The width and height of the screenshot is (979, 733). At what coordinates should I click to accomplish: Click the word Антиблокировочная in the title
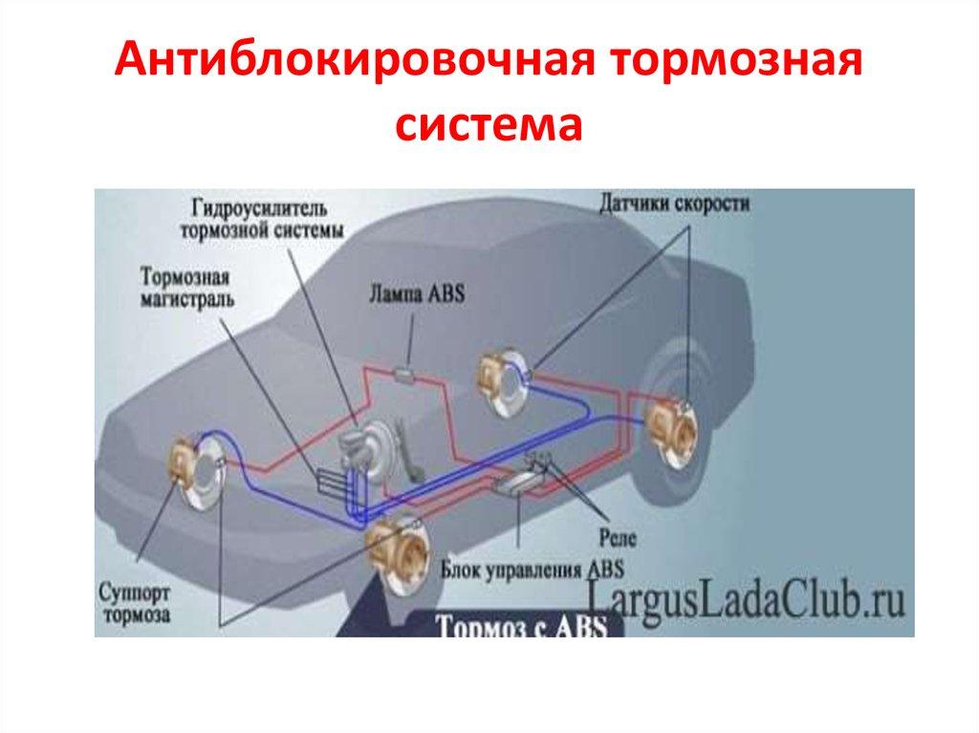coord(354,60)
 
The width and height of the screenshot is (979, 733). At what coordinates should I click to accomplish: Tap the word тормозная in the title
coord(736,61)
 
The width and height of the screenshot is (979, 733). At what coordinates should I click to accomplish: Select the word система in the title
coord(489,124)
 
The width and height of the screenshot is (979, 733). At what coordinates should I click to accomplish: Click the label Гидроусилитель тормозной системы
coord(262,219)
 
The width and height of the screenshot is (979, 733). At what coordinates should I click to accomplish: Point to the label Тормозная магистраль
coord(186,288)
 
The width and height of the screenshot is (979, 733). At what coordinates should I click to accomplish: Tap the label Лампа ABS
coord(417,293)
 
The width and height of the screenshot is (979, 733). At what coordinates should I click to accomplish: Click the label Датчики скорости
coord(674,204)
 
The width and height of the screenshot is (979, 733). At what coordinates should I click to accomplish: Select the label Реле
coord(618,538)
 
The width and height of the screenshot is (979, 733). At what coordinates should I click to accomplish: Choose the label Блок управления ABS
coord(532,570)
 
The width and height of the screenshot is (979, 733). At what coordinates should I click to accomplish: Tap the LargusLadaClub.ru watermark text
coord(746,598)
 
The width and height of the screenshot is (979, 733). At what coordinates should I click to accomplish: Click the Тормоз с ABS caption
coord(521,626)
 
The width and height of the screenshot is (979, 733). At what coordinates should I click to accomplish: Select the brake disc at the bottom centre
coord(400,553)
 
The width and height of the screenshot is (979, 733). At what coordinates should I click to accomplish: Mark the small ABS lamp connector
coord(405,374)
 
